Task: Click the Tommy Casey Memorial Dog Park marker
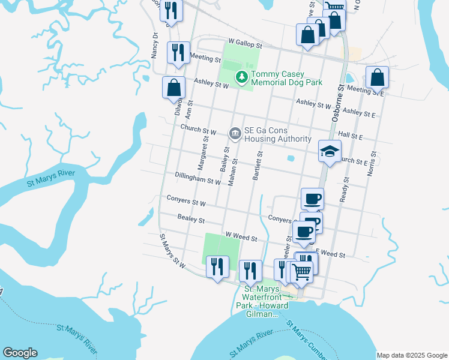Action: coord(242,77)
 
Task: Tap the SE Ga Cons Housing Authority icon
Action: coord(235,134)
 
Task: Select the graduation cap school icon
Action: coord(330,151)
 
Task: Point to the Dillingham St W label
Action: coord(199,179)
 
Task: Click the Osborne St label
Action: coord(336,103)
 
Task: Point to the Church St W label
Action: coord(198,130)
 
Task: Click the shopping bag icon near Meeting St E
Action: coord(378,77)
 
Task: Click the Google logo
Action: coord(20,353)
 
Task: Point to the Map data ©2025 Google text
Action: coord(412,355)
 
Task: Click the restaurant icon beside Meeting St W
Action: coord(178,53)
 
